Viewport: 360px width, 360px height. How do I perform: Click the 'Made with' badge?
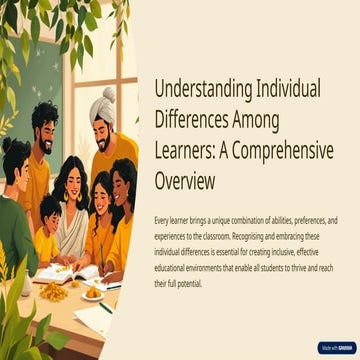click(335, 347)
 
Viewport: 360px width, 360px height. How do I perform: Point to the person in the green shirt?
click(15, 215)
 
